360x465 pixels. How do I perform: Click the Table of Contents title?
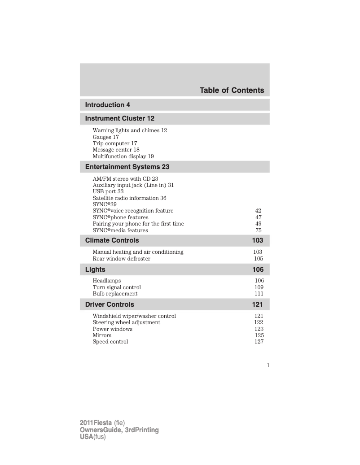(x=232, y=90)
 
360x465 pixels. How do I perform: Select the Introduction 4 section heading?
(x=108, y=105)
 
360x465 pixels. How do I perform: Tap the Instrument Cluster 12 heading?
(x=120, y=118)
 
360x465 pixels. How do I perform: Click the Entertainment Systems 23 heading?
(x=127, y=167)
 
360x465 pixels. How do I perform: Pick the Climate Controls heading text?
(x=112, y=240)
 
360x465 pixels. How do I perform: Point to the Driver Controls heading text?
(x=110, y=304)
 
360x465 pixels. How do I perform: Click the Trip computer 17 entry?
(x=115, y=143)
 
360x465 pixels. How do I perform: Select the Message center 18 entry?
(x=116, y=150)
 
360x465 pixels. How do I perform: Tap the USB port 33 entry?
(x=108, y=191)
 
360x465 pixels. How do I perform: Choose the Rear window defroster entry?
(x=122, y=259)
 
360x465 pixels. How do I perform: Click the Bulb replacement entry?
(x=115, y=294)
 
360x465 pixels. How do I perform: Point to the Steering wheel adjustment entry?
(x=127, y=322)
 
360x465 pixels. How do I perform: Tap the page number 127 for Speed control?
(x=259, y=342)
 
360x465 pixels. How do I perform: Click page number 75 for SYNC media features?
(x=258, y=230)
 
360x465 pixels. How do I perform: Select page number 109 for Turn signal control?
(x=259, y=287)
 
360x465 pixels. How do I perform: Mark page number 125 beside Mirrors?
(x=259, y=335)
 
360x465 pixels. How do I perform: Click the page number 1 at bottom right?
(x=268, y=365)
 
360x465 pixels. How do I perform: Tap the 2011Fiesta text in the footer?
(x=96, y=423)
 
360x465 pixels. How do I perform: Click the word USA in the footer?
(x=86, y=437)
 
